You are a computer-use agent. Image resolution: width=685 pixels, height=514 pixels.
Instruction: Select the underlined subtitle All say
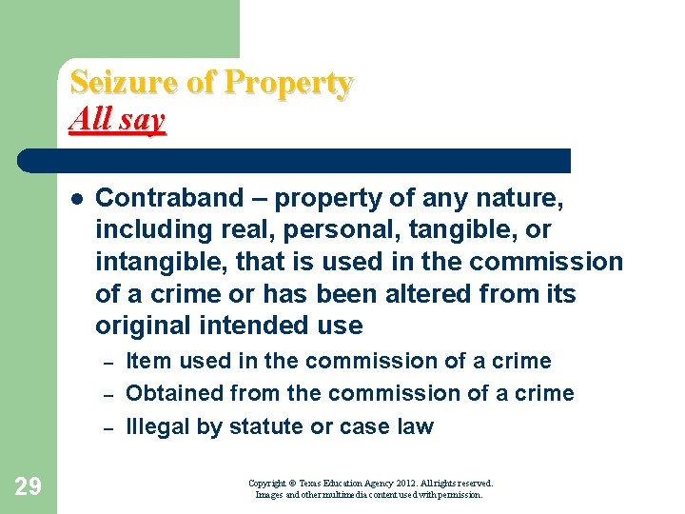117,120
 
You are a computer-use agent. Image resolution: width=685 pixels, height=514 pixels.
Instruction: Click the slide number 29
28,487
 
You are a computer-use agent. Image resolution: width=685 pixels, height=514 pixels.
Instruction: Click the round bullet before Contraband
74,199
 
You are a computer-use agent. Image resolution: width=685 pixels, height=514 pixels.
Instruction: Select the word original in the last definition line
141,325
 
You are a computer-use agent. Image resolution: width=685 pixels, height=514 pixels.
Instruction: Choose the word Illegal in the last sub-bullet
158,425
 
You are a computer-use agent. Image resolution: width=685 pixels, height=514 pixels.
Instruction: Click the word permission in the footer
461,495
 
